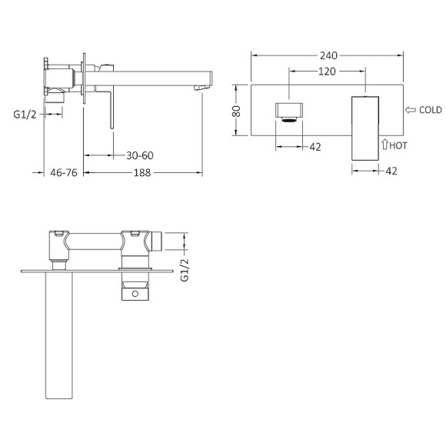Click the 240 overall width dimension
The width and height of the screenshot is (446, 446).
(328, 55)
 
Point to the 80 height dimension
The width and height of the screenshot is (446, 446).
(237, 111)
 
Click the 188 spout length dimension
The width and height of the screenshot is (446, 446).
(140, 172)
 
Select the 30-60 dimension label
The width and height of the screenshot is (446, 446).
(140, 155)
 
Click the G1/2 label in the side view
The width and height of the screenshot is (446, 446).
(25, 114)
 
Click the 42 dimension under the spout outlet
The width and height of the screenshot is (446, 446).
(315, 146)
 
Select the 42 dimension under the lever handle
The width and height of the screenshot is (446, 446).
(391, 171)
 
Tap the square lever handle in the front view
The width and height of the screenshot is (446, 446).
(366, 127)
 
